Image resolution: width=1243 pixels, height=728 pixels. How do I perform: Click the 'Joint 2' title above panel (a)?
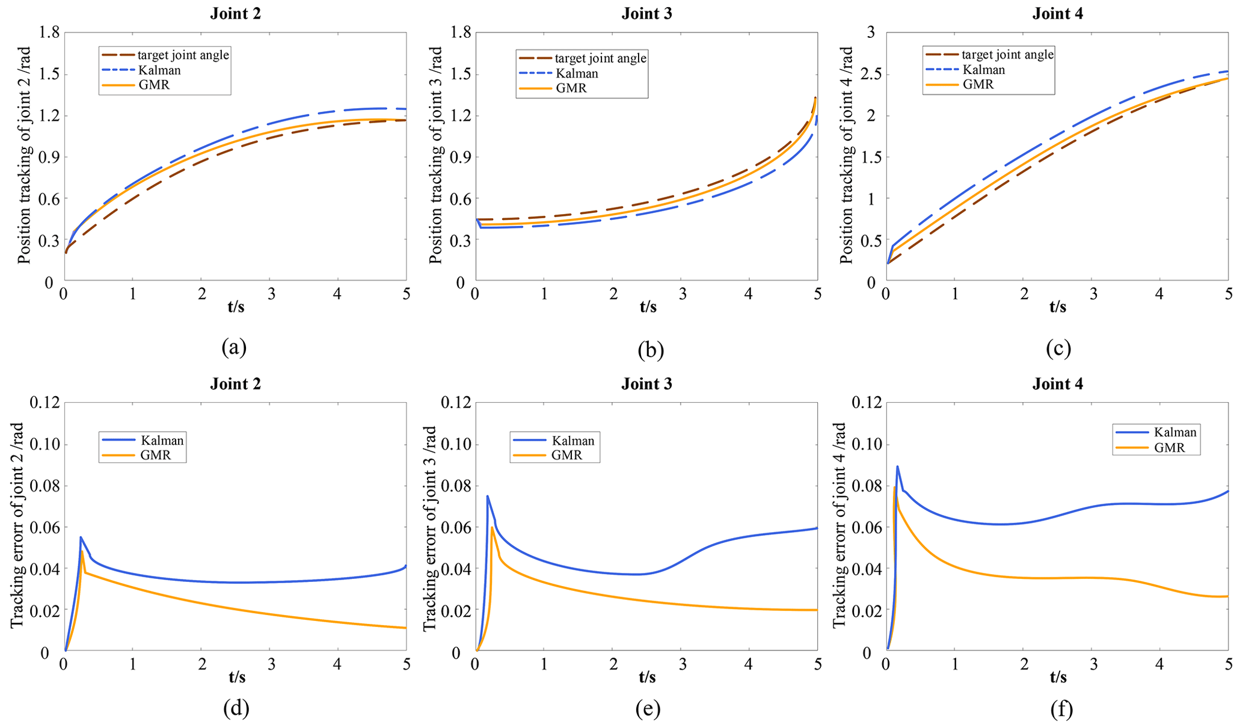point(235,14)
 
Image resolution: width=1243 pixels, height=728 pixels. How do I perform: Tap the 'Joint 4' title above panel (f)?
point(1058,384)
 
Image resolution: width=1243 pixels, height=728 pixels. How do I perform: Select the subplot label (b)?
point(651,349)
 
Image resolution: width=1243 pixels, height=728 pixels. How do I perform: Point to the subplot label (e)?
point(648,709)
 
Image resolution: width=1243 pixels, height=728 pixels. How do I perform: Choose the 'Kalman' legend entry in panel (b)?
point(577,73)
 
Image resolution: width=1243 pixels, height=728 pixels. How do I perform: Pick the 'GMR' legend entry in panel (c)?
point(978,84)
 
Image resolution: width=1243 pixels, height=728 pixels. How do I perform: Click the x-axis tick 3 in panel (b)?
point(682,295)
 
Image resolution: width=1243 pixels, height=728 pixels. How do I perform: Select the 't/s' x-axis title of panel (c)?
point(1058,307)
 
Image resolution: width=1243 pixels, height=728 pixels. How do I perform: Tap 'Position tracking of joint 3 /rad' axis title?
point(435,155)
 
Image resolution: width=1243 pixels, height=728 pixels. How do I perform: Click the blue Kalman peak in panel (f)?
point(897,466)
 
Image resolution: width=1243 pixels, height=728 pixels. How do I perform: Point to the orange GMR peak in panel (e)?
point(492,527)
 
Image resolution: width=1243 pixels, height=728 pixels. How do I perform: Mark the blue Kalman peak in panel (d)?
point(81,537)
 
